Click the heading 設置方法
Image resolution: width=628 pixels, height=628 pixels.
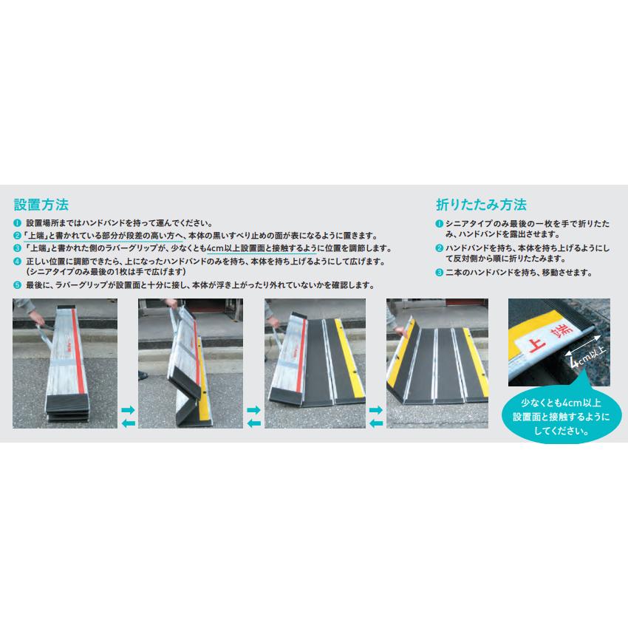pos(41,204)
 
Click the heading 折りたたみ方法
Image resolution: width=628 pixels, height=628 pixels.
pos(481,204)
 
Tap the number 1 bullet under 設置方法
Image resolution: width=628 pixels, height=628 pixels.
pos(17,223)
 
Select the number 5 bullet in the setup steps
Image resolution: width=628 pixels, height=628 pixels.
pos(17,285)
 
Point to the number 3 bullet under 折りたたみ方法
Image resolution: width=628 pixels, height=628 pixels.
pos(439,273)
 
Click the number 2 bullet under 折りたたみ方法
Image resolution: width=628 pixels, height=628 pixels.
pos(439,248)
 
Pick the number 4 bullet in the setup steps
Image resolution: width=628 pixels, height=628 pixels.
pos(17,262)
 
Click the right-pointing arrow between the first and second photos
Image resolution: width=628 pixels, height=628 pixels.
pos(127,409)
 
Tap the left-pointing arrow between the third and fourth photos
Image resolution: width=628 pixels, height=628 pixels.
pos(376,423)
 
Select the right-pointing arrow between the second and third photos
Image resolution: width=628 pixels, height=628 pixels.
pos(253,409)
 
